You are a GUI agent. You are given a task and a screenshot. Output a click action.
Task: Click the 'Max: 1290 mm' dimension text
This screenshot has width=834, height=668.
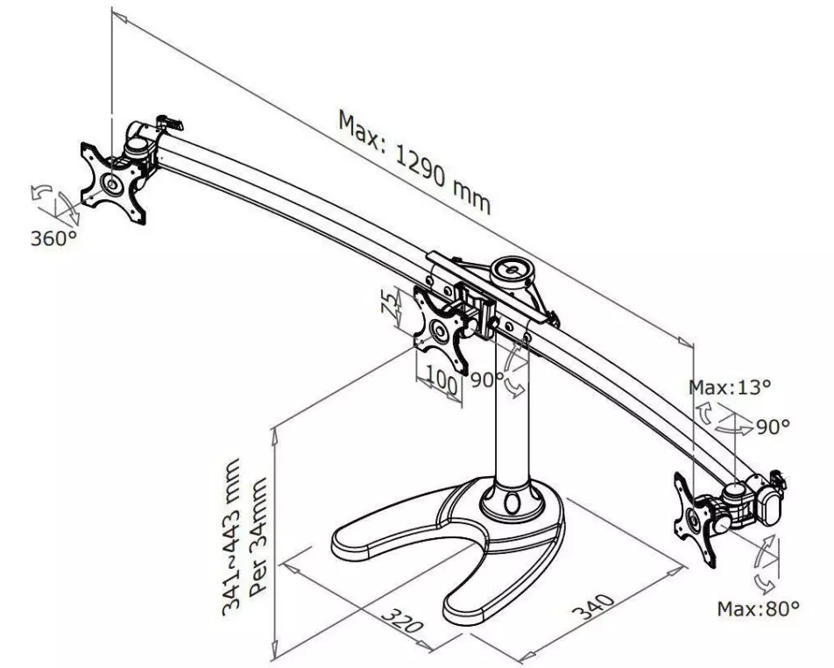pos(413,161)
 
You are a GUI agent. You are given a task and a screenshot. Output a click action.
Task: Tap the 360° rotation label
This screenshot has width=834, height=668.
pos(53,238)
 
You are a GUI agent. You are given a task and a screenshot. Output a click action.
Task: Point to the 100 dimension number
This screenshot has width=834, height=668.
pos(442,382)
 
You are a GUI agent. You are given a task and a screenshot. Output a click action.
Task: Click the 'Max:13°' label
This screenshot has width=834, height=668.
pos(730,387)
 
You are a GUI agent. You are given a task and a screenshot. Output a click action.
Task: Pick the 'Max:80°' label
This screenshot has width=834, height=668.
pos(758,608)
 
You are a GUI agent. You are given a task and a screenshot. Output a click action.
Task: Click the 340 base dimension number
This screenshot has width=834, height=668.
pos(594,606)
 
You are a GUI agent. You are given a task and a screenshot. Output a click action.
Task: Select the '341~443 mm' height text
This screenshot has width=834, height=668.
pos(231,537)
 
